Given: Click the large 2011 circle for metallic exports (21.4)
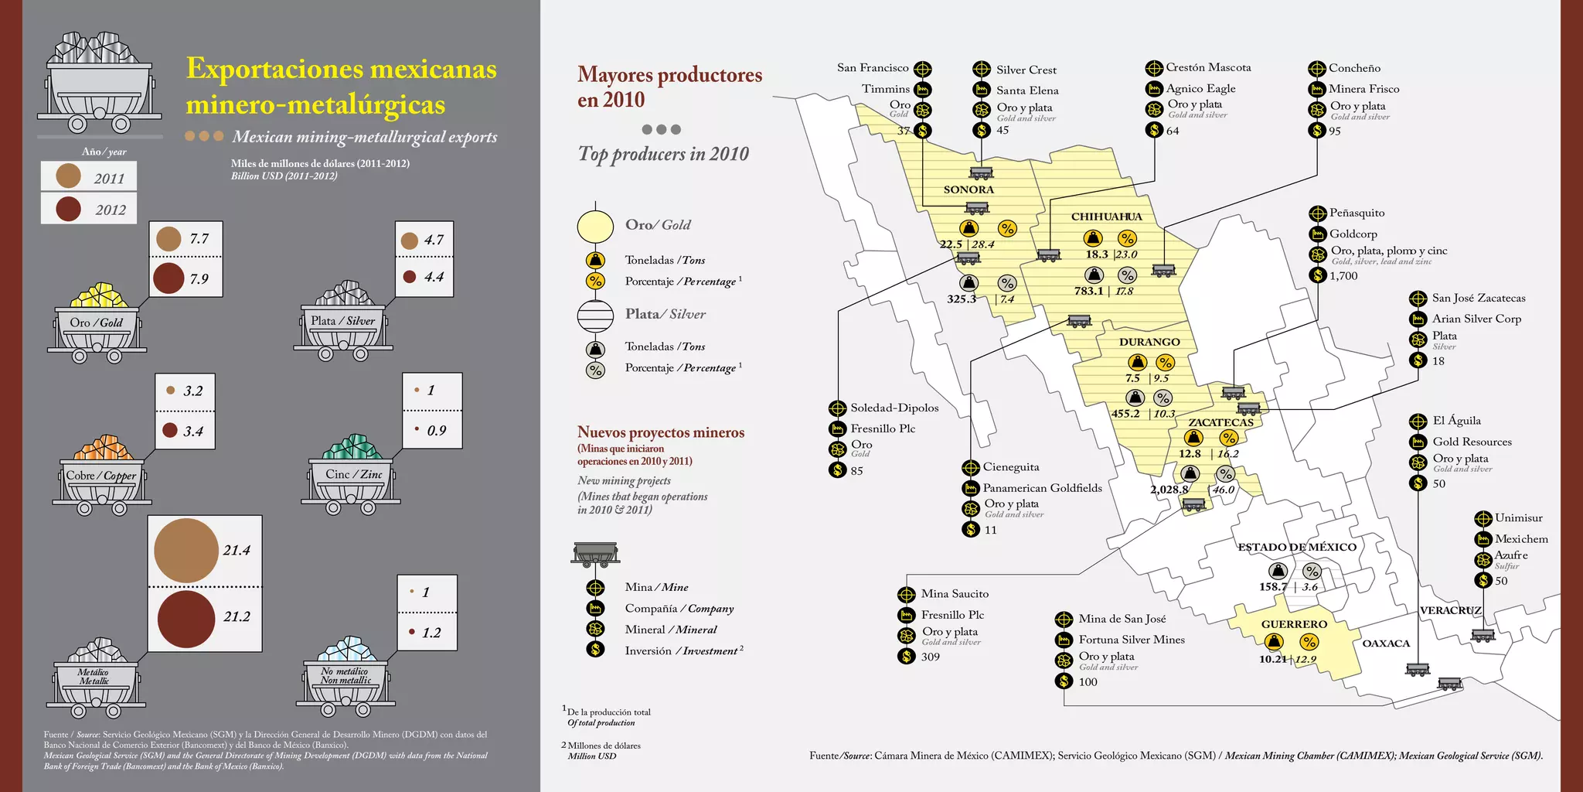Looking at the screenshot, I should click(x=186, y=550).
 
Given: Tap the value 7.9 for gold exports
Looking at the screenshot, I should click(x=199, y=279).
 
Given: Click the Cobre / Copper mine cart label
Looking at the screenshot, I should click(x=101, y=476).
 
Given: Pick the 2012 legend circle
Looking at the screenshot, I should click(x=69, y=209).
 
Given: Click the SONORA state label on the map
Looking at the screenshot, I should click(x=969, y=189).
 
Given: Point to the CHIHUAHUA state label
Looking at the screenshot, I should click(x=1106, y=217).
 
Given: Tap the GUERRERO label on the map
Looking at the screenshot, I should click(x=1294, y=624).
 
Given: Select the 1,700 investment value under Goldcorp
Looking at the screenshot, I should click(x=1343, y=276).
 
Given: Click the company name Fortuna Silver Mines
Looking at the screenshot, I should click(x=1132, y=640).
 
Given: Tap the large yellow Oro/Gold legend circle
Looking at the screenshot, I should click(x=595, y=225).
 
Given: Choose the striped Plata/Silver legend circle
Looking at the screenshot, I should click(x=595, y=315).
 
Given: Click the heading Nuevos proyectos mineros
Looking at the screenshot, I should click(x=661, y=432).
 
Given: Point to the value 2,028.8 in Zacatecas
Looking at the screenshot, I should click(x=1169, y=490).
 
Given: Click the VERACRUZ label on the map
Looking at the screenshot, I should click(x=1450, y=610).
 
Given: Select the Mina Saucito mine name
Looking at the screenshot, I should click(x=955, y=594).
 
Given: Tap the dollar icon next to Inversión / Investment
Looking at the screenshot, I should click(x=595, y=650).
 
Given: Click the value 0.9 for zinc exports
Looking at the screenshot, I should click(x=436, y=431).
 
